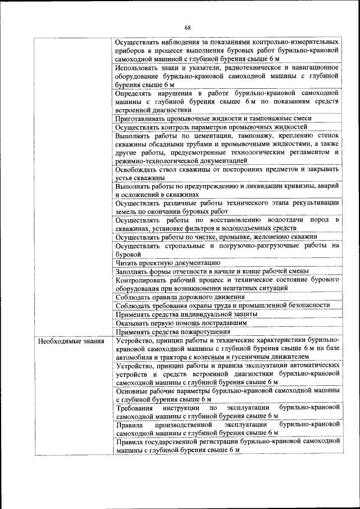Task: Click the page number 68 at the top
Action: tap(187, 28)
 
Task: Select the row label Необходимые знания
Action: tap(64, 341)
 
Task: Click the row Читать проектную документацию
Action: tap(167, 263)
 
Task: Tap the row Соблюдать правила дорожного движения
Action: tap(180, 296)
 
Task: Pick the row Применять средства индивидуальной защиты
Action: tap(186, 314)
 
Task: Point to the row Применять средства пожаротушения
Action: tap(168, 332)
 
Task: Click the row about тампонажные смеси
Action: tap(221, 119)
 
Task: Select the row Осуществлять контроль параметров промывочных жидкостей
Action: tap(214, 127)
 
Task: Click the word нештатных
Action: tap(230, 287)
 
